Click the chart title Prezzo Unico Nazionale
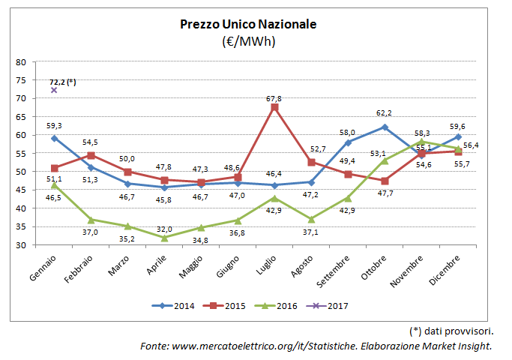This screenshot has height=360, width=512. tap(248, 24)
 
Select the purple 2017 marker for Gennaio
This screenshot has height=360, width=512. tap(54, 90)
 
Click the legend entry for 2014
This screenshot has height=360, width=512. tap(177, 306)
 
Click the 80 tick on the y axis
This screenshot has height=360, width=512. tap(20, 62)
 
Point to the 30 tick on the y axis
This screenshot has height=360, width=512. tap(20, 245)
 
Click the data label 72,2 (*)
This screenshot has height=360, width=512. tap(63, 81)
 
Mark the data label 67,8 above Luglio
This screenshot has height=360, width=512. tap(274, 98)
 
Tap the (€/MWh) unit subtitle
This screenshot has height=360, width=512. tap(248, 42)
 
